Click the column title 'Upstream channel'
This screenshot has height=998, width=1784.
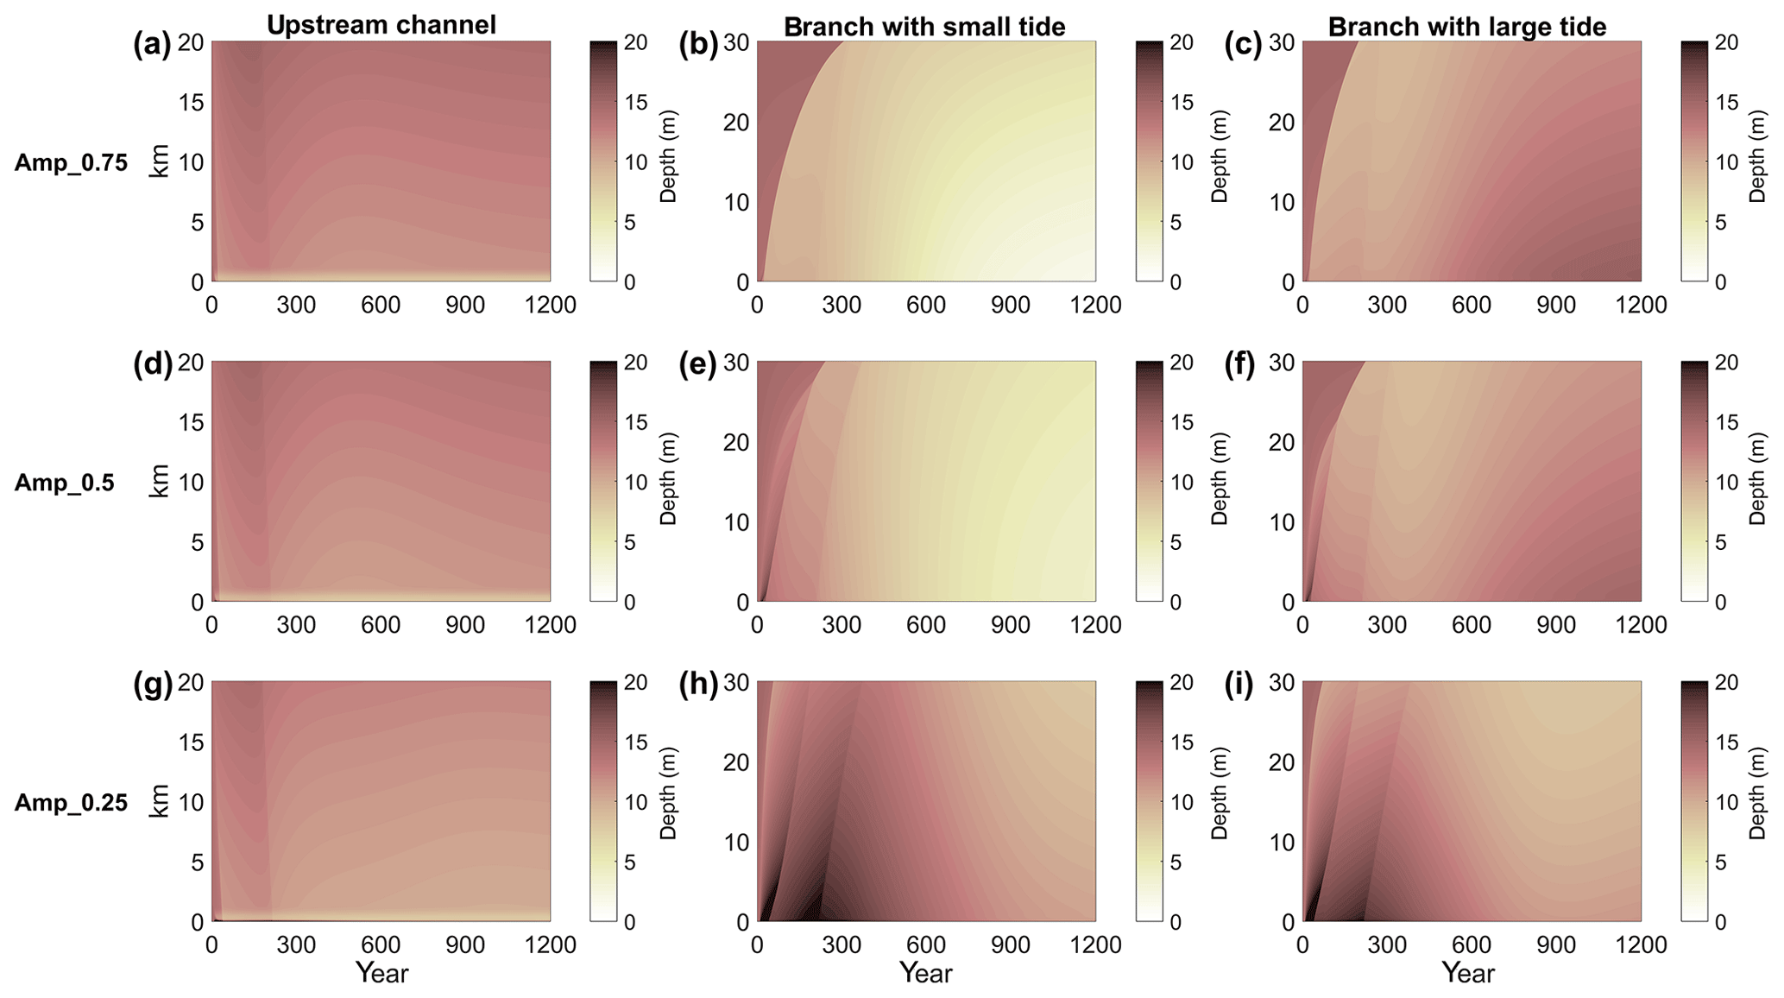(381, 25)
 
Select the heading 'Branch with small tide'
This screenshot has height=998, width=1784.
(924, 27)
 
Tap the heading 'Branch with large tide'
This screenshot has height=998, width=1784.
(1466, 27)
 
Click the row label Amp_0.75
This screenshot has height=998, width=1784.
(71, 162)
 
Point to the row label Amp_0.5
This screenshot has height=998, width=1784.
(65, 482)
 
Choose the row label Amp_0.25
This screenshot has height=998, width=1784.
(71, 802)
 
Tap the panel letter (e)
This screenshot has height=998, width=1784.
(698, 364)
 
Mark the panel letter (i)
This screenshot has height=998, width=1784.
(1239, 685)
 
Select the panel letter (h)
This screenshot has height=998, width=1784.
(698, 685)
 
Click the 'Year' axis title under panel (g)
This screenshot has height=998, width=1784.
(381, 974)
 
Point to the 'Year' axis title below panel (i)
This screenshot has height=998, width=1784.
(1467, 974)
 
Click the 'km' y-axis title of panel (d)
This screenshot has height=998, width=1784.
(159, 482)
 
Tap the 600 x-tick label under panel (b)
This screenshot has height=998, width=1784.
(926, 305)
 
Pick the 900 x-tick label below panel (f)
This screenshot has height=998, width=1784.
(1556, 625)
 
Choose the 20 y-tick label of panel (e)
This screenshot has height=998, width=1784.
(736, 442)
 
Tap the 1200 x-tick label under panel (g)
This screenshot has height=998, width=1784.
(551, 945)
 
